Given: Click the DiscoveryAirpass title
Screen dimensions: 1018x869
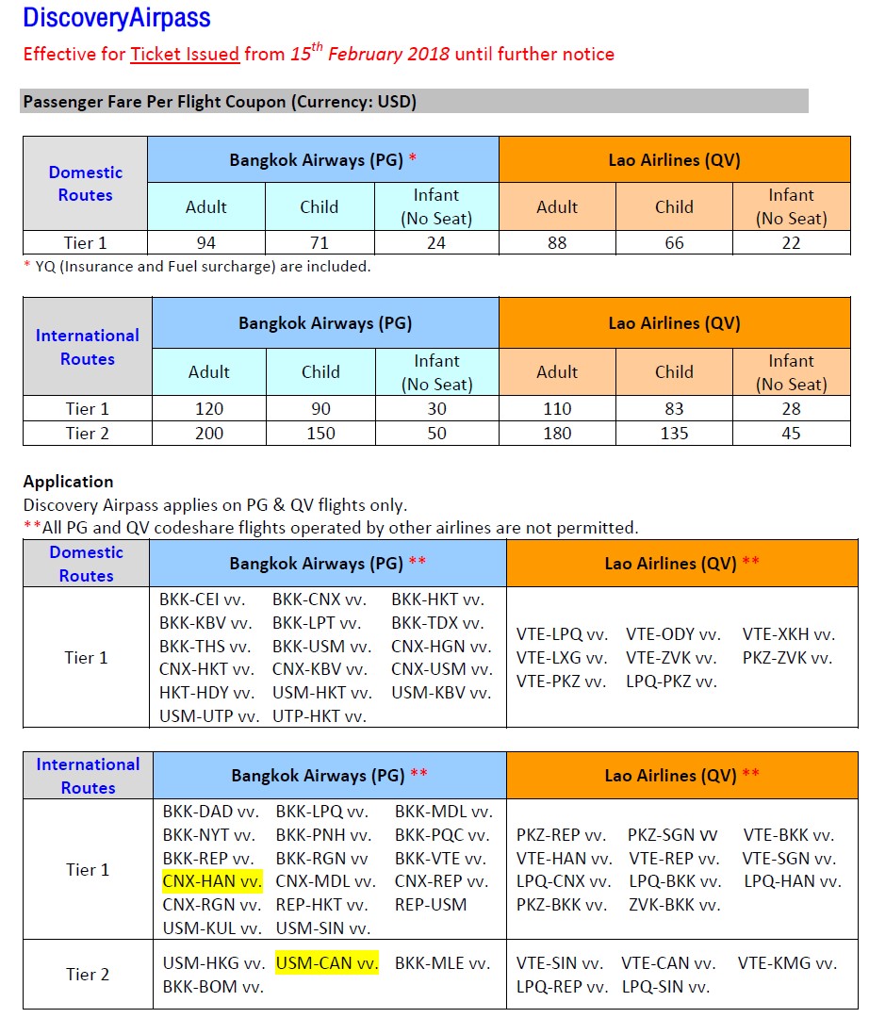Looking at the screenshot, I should [x=117, y=17].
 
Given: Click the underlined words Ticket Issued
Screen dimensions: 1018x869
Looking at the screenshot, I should [x=185, y=54].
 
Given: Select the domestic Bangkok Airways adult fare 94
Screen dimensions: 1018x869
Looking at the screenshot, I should [x=206, y=243].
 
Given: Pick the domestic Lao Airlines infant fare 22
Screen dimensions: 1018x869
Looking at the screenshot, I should [x=791, y=243].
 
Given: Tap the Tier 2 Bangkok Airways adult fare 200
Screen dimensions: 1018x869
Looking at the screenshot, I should [x=209, y=434].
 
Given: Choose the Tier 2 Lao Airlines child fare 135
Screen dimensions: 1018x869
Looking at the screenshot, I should [x=674, y=434].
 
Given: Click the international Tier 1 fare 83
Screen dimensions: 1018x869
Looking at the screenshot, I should [x=674, y=409].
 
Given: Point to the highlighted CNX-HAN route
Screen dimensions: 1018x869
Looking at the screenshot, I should [x=212, y=881].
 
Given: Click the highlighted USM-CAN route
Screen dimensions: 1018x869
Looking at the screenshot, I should [x=326, y=963].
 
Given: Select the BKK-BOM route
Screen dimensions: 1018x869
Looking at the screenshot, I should [x=213, y=988].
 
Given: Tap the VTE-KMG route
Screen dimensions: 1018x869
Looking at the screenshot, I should [x=787, y=963].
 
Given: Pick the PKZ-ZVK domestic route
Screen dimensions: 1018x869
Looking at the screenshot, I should [x=787, y=658].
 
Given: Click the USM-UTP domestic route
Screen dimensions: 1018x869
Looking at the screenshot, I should [x=209, y=716].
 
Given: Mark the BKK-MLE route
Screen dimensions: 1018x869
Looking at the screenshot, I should [x=442, y=963].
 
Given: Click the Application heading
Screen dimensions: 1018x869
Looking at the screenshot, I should [x=68, y=482].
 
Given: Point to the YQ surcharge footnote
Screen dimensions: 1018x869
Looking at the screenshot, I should [x=197, y=267].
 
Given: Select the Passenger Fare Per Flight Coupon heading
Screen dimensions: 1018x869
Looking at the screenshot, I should [x=220, y=102].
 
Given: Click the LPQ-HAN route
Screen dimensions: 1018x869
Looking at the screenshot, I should [x=792, y=881].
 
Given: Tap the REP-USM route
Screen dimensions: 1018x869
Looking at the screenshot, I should [x=431, y=905].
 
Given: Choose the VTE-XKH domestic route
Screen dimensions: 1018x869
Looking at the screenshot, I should [x=789, y=634].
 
